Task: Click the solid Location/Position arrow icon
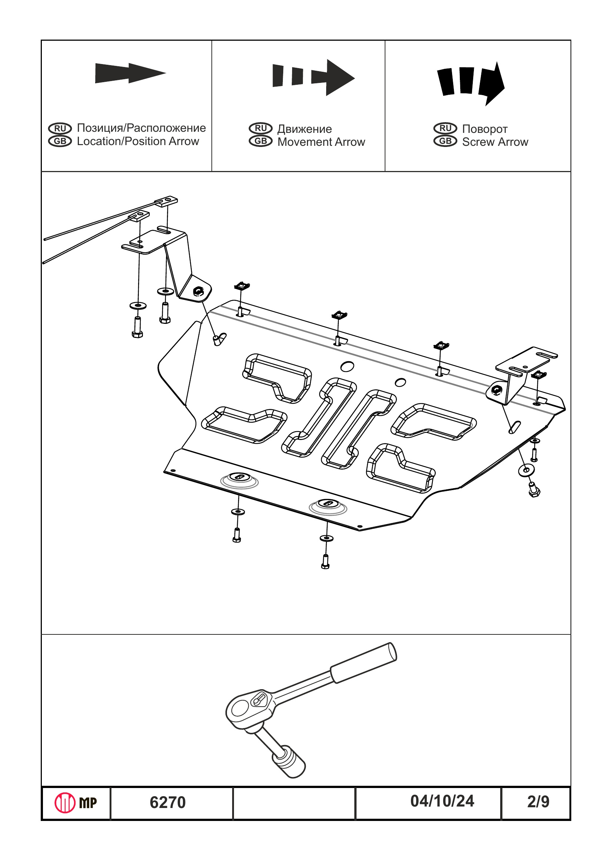pos(130,73)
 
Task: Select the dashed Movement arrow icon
pos(314,77)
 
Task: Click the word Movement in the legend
pos(304,142)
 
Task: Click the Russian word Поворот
pos(485,129)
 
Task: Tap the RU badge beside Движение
pos(260,128)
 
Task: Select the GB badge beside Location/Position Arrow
pos(60,141)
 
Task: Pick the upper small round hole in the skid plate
pos(347,366)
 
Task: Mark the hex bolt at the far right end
pos(534,490)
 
